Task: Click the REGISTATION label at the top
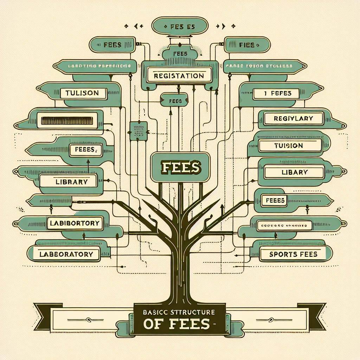coord(179,76)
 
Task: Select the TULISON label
coord(84,93)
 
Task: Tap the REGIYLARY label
coord(293,118)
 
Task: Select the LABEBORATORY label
coord(66,254)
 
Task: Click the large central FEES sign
coord(180,167)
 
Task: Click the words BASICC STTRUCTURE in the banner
coord(180,311)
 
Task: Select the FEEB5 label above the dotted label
coord(273,200)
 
